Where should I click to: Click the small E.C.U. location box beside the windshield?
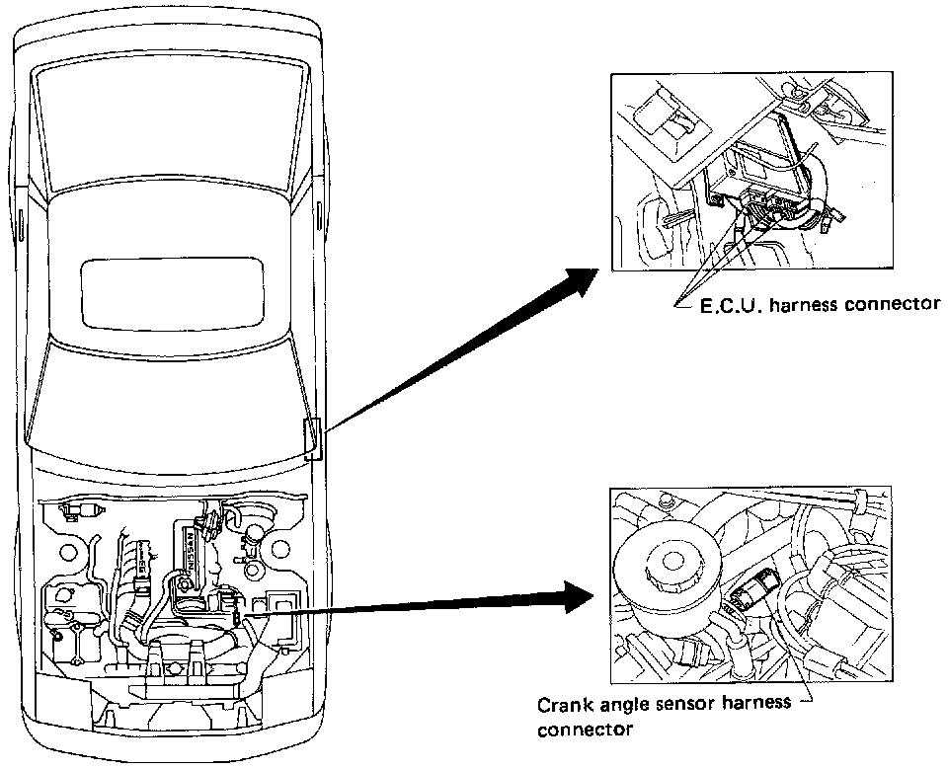pos(313,438)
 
